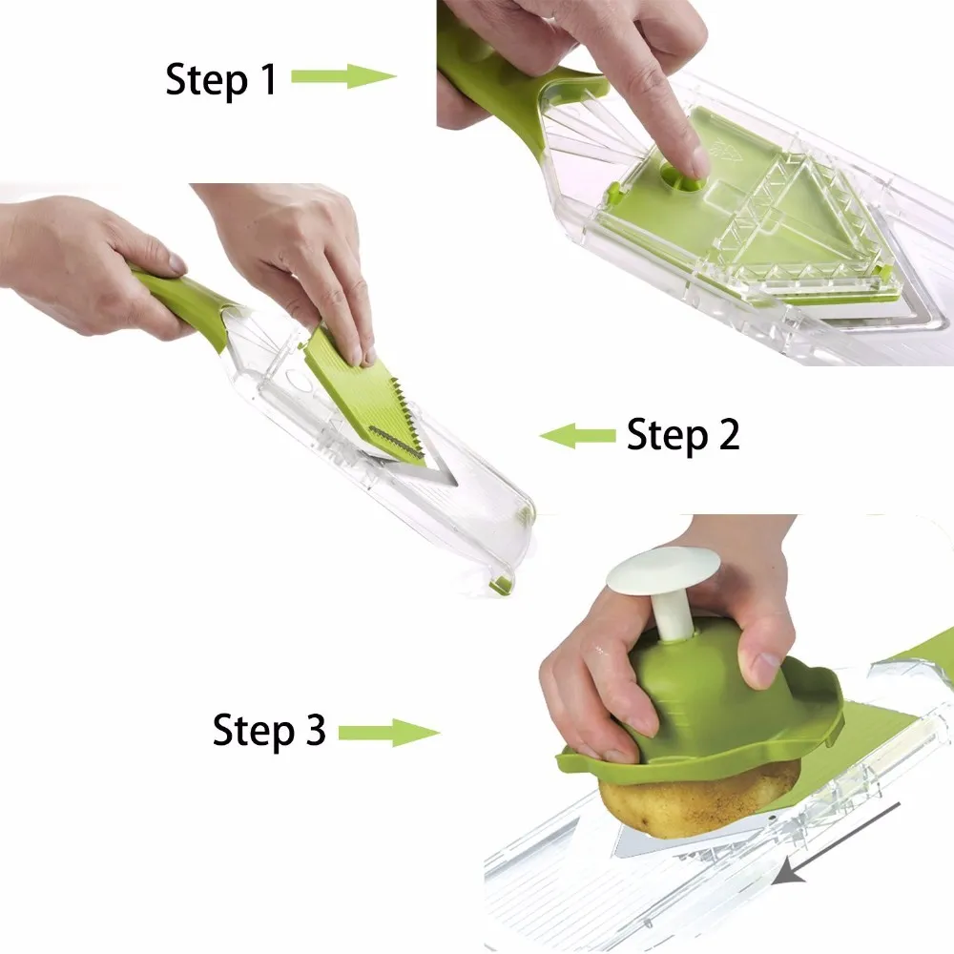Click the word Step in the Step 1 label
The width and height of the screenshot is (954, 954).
207,80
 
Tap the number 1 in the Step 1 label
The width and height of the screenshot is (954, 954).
267,78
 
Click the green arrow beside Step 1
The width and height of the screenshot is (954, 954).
343,76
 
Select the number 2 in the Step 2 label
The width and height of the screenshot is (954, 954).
728,434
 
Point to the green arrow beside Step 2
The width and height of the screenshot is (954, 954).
577,436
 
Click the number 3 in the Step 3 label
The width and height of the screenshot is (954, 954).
315,728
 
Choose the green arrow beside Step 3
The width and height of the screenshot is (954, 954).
389,733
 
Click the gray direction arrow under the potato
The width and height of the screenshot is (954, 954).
837,842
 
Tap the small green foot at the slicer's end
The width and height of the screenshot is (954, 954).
502,586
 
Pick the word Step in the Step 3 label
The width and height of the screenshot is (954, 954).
253,731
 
